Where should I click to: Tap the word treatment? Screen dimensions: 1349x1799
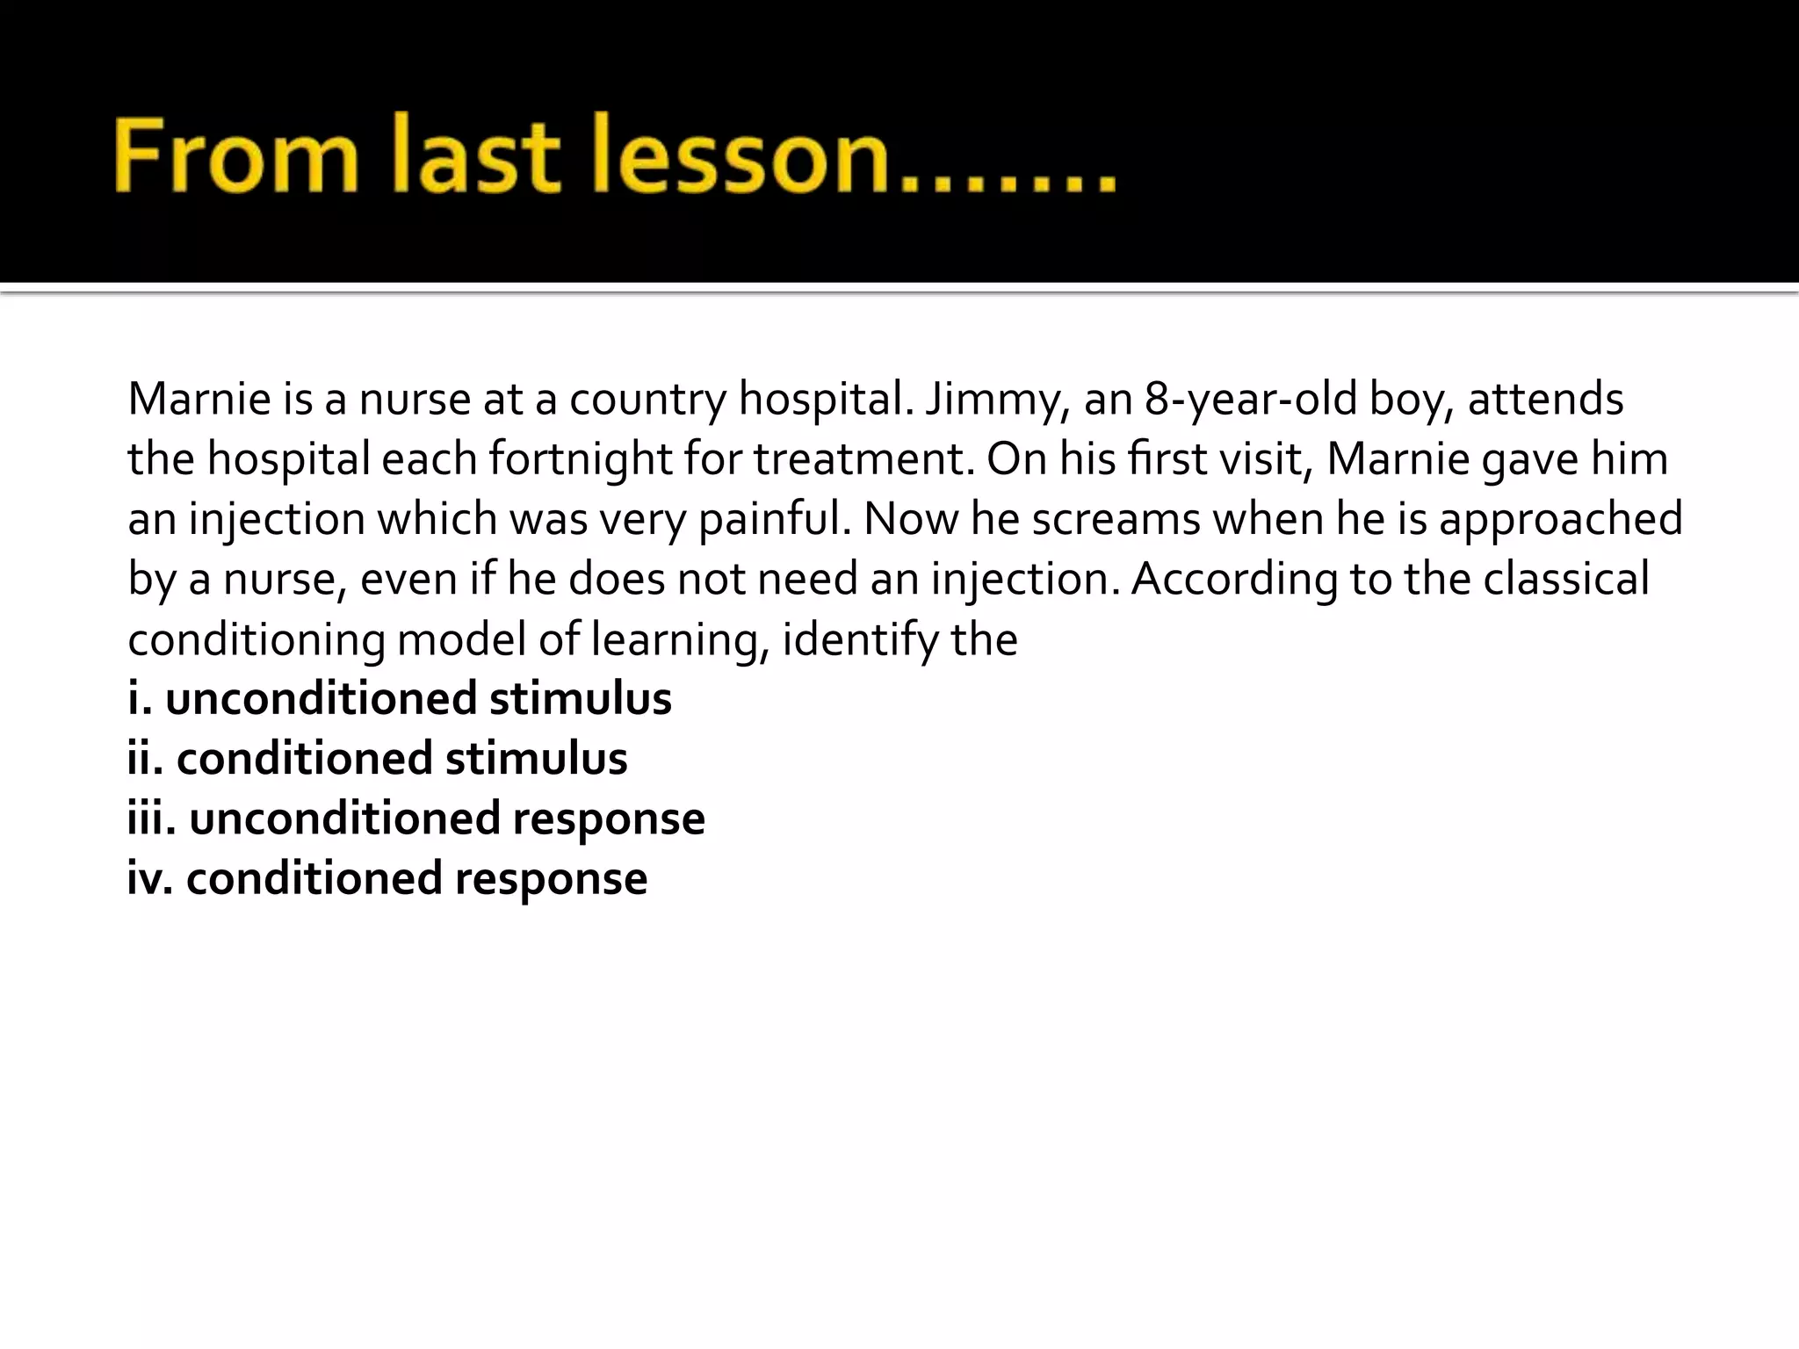pos(863,459)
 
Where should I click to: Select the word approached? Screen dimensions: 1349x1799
pos(1560,519)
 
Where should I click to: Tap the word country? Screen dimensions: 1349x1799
pos(647,400)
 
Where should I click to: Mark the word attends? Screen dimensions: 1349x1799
pos(1545,400)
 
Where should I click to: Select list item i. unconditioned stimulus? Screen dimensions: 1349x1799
pos(400,699)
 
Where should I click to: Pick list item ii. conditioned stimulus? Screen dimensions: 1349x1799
pos(378,759)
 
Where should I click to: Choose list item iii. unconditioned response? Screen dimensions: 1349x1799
pos(416,819)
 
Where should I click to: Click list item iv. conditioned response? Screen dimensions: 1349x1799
pos(387,878)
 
